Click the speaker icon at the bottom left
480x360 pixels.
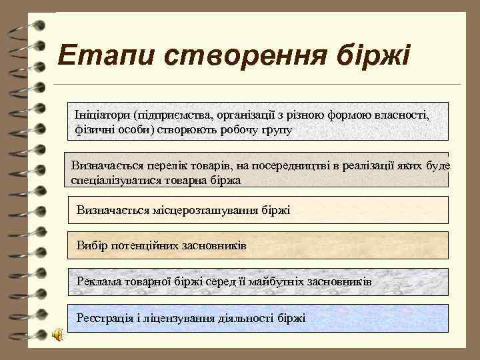click(58, 335)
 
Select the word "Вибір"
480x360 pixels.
click(91, 246)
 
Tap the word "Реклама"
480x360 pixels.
click(99, 282)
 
